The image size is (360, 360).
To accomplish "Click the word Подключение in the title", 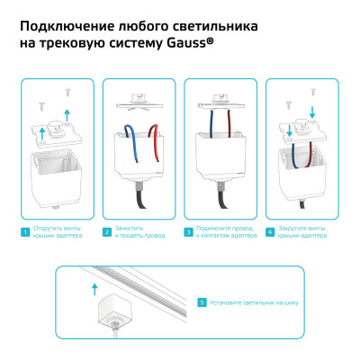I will point(63,22).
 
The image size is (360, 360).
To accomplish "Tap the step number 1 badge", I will point(26,233).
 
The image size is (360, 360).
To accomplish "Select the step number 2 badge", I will point(107,233).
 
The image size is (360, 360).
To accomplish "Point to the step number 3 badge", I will point(188,233).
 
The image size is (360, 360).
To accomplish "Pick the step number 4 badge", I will point(270,233).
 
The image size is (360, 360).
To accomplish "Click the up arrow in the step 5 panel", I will point(94,288).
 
